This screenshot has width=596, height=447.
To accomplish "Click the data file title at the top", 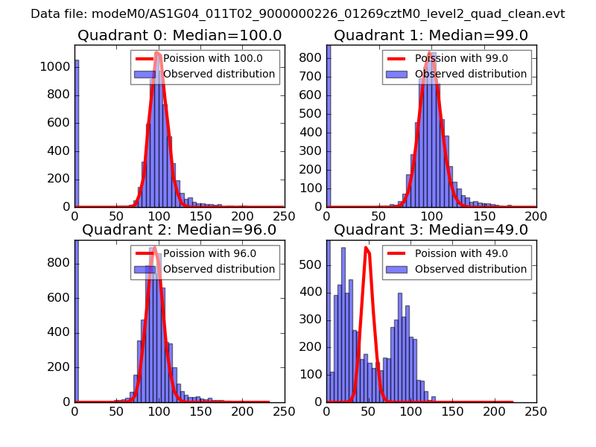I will pyautogui.click(x=298, y=14).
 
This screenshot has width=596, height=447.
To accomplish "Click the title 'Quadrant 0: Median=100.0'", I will pyautogui.click(x=179, y=36).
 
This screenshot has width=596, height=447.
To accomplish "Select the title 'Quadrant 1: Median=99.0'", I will pyautogui.click(x=431, y=36).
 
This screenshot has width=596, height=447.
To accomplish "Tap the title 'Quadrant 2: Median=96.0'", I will pyautogui.click(x=179, y=229).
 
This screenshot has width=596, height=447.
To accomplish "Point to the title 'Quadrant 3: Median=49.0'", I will pyautogui.click(x=431, y=229).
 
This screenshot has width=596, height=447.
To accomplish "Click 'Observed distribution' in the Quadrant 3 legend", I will pyautogui.click(x=471, y=269).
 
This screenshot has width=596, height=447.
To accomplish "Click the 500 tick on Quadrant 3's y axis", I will pyautogui.click(x=311, y=264).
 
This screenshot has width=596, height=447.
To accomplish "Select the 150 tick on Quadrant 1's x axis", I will pyautogui.click(x=484, y=216).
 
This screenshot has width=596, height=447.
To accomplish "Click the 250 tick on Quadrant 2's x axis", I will pyautogui.click(x=284, y=410).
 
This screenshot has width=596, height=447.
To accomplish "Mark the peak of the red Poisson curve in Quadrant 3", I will pyautogui.click(x=367, y=248).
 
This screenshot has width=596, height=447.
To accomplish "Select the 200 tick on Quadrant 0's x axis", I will pyautogui.click(x=242, y=216).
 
